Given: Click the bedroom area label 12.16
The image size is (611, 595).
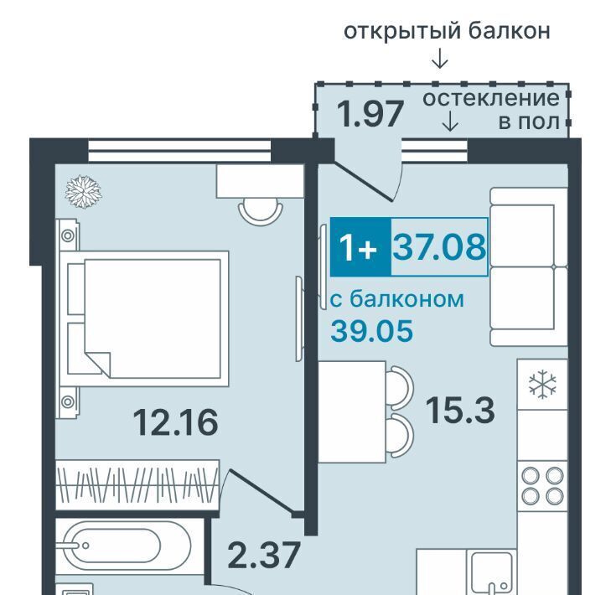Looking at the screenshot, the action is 176,422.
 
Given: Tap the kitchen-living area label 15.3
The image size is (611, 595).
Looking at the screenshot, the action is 460,410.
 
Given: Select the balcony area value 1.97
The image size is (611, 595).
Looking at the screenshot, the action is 370,114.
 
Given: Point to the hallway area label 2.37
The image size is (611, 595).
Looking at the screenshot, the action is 264,555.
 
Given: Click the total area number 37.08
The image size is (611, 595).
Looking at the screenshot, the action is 439,246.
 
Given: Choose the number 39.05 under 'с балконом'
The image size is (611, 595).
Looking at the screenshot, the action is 372,330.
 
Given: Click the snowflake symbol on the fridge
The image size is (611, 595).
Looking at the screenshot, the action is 542,385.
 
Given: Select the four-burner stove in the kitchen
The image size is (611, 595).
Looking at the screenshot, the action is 542,486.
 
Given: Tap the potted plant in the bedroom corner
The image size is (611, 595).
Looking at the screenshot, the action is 83,192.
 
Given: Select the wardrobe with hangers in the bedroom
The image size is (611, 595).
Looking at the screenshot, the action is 137,485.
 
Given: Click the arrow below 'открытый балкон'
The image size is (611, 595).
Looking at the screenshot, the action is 440,59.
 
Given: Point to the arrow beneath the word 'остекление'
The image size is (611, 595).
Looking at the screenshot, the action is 450,122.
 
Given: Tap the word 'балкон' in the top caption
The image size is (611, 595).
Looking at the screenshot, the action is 509,31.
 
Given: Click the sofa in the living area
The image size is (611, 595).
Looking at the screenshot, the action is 528,267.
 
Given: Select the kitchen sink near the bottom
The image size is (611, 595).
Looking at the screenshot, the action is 491,572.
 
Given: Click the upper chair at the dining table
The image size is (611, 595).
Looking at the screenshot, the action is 402,388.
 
